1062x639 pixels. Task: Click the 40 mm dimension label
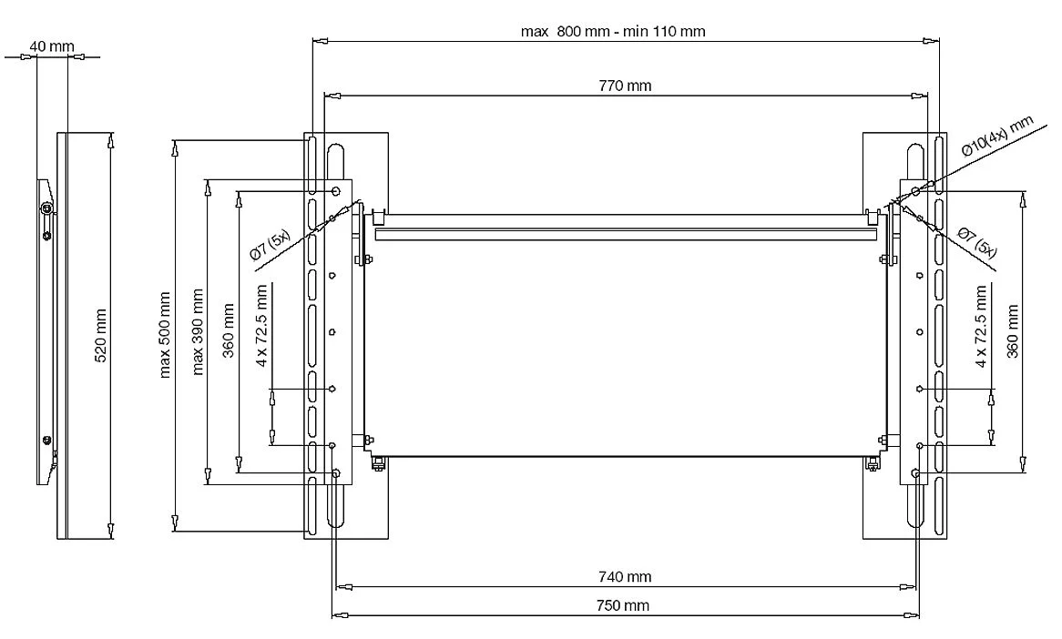51,46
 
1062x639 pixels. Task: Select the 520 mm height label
101,334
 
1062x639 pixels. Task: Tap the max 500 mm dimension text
165,334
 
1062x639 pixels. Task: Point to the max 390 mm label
198,331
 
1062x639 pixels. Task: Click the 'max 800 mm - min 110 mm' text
613,31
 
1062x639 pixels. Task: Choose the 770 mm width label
625,86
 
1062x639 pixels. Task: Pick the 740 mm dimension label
625,576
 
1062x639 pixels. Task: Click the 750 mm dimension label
625,604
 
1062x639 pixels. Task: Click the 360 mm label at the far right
1012,331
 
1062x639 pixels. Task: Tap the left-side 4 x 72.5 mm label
262,325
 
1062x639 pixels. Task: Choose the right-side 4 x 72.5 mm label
981,325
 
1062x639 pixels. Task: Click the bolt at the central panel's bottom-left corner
378,465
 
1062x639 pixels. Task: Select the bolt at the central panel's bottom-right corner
872,465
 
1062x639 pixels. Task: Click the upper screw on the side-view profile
47,210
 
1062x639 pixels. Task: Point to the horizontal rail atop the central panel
625,234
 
